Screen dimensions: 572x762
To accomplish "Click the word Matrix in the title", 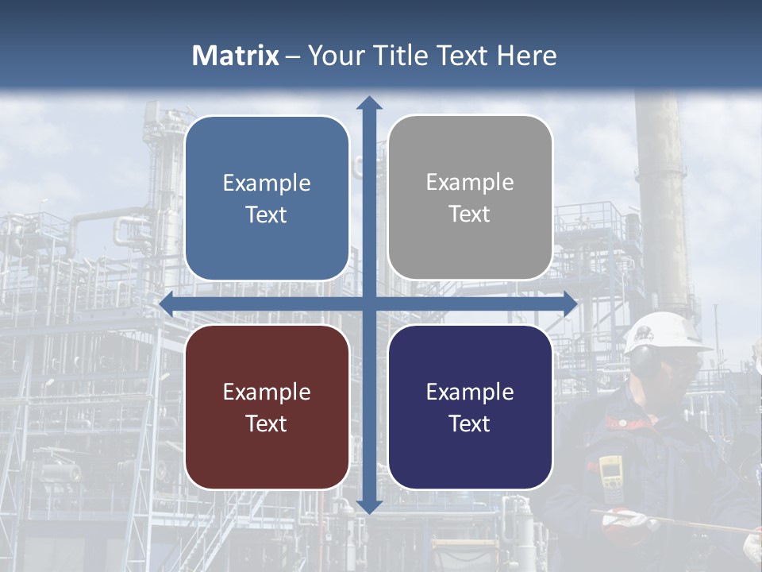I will point(236,56).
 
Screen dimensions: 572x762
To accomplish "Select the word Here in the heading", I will point(526,56).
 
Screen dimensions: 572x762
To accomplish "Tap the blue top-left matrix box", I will point(267,198).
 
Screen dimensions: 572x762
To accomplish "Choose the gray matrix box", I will point(470,198).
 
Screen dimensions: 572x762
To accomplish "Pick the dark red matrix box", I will point(267,407).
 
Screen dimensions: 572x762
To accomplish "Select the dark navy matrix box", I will point(470,407).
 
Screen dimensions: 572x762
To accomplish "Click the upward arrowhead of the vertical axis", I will point(369,102).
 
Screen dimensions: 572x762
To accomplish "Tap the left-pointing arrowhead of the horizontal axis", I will point(167,303).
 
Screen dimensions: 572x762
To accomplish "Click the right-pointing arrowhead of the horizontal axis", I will point(569,303).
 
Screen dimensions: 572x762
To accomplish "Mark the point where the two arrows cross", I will point(369,303).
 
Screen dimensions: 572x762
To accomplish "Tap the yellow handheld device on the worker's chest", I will point(610,473).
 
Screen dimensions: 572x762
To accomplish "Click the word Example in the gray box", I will point(470,183).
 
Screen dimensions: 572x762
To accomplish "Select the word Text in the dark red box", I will point(267,423).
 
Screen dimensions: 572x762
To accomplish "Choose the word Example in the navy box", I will point(470,392).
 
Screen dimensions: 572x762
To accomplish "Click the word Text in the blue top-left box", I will point(267,214).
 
